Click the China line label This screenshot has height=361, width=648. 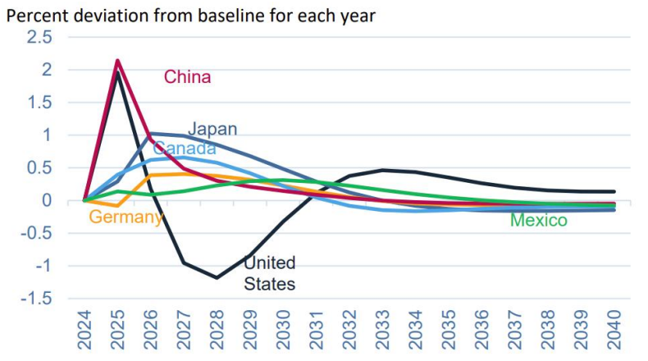(x=187, y=77)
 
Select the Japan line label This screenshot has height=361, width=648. (x=212, y=129)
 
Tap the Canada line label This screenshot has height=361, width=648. (x=185, y=149)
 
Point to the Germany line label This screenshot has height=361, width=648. (x=125, y=217)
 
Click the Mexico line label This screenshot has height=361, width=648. (x=538, y=220)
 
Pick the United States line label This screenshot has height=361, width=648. (x=270, y=274)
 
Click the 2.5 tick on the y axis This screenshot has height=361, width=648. (x=39, y=38)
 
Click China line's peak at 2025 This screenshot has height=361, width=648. (x=118, y=60)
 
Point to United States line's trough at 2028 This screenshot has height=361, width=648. (x=217, y=277)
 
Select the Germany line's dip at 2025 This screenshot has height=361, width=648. (x=118, y=205)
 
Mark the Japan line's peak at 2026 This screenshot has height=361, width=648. (x=151, y=133)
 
